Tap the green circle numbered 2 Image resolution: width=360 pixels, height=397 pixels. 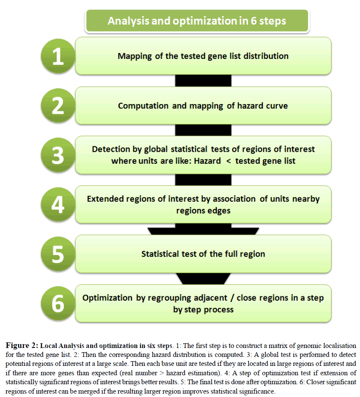[x=58, y=107]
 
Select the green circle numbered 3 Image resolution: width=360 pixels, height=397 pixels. [x=58, y=156]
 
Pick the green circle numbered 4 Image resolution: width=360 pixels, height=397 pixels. [x=58, y=205]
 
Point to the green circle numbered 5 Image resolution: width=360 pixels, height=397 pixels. [x=58, y=255]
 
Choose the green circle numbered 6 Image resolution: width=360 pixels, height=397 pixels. [x=58, y=304]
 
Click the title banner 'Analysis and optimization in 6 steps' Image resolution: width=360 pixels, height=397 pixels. [x=197, y=20]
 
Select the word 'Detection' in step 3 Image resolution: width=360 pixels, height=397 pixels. [x=111, y=149]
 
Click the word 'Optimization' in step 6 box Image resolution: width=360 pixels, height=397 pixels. [x=108, y=298]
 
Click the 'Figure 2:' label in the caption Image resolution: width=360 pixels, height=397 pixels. [x=23, y=345]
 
